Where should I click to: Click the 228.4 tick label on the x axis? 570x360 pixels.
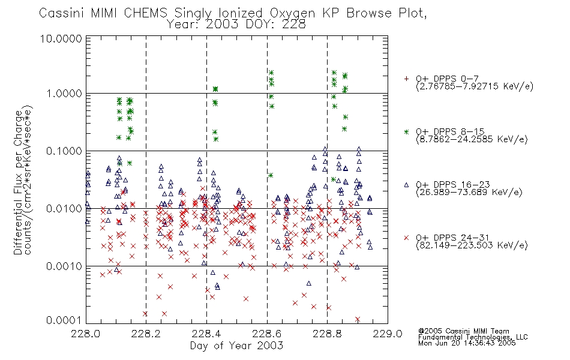click(x=206, y=334)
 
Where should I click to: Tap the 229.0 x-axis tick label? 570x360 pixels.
click(x=388, y=334)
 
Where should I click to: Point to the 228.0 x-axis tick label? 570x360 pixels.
click(x=86, y=334)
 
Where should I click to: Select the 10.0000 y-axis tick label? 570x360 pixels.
click(x=61, y=38)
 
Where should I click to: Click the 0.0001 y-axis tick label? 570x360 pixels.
click(x=64, y=320)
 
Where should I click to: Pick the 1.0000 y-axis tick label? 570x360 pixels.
click(x=64, y=94)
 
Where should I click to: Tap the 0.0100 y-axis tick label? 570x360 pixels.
click(x=64, y=209)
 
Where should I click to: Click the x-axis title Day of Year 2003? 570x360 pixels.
click(x=236, y=346)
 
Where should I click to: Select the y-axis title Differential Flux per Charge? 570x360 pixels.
click(x=18, y=182)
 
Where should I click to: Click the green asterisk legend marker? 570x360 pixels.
click(x=406, y=132)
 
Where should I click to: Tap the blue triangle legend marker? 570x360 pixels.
click(x=406, y=185)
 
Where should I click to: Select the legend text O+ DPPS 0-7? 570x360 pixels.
click(x=447, y=79)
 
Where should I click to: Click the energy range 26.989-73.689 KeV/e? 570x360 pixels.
click(x=469, y=193)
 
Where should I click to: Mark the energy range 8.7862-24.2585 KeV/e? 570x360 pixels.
click(x=472, y=139)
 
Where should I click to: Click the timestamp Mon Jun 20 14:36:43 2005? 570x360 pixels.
click(x=467, y=343)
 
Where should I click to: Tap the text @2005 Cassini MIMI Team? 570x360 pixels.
click(x=463, y=331)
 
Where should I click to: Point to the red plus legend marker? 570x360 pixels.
click(x=406, y=79)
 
